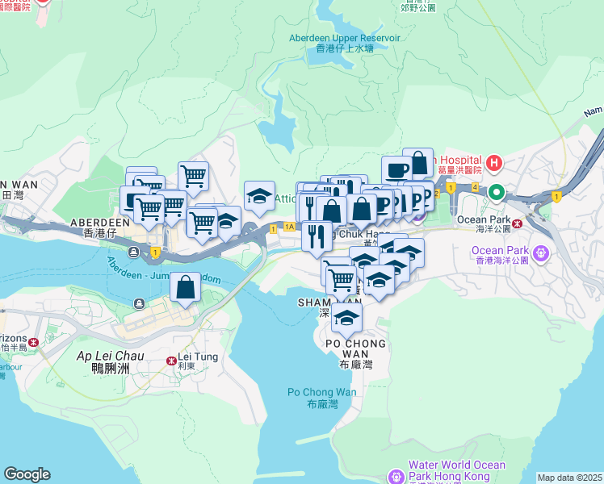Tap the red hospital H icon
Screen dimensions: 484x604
[x=494, y=165]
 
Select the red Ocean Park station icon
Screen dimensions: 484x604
[x=516, y=223]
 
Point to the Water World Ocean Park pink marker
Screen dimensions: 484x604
[x=395, y=475]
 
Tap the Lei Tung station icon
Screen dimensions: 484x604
[x=170, y=361]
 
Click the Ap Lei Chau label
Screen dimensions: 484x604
[x=110, y=356]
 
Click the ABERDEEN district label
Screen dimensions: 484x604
[x=100, y=222]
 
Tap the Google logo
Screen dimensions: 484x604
[x=27, y=474]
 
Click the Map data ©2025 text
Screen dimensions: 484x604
[x=569, y=478]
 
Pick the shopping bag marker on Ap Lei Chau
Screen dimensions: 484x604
[x=186, y=287]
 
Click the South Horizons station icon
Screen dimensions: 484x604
[x=33, y=343]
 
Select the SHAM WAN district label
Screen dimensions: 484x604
[x=315, y=302]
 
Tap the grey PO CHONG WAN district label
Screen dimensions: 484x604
[x=350, y=348]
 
